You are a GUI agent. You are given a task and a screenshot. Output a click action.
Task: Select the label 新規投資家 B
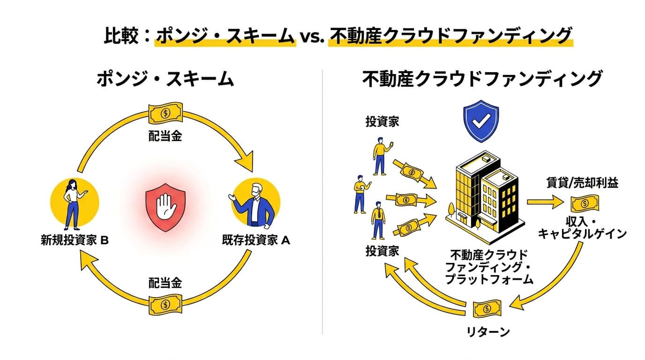pos(75,241)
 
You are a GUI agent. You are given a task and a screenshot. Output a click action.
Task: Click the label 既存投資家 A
pos(256,241)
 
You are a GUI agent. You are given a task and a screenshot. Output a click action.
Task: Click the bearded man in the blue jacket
pos(255,202)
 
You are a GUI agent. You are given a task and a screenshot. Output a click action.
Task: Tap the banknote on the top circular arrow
pos(165,113)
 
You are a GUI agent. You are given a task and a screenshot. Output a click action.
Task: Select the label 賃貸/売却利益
pos(582,183)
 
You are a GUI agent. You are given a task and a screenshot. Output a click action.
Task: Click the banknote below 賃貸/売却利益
pos(584,204)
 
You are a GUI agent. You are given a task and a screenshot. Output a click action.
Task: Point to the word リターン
pos(487,332)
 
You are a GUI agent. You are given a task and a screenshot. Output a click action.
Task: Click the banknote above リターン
pos(487,309)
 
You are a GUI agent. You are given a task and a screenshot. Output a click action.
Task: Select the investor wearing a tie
pos(378,220)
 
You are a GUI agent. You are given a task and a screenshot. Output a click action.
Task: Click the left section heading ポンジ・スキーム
pos(165,80)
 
